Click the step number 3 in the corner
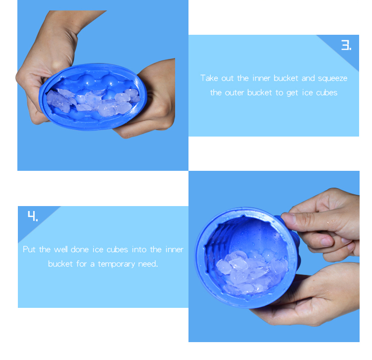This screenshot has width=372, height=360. [346, 46]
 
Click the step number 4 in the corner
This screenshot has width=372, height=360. [32, 216]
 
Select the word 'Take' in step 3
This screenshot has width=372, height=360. [209, 78]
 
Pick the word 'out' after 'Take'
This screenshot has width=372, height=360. [228, 78]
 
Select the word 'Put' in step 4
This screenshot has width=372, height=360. [30, 249]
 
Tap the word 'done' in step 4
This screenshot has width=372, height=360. [80, 249]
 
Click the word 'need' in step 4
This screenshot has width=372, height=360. [146, 264]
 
